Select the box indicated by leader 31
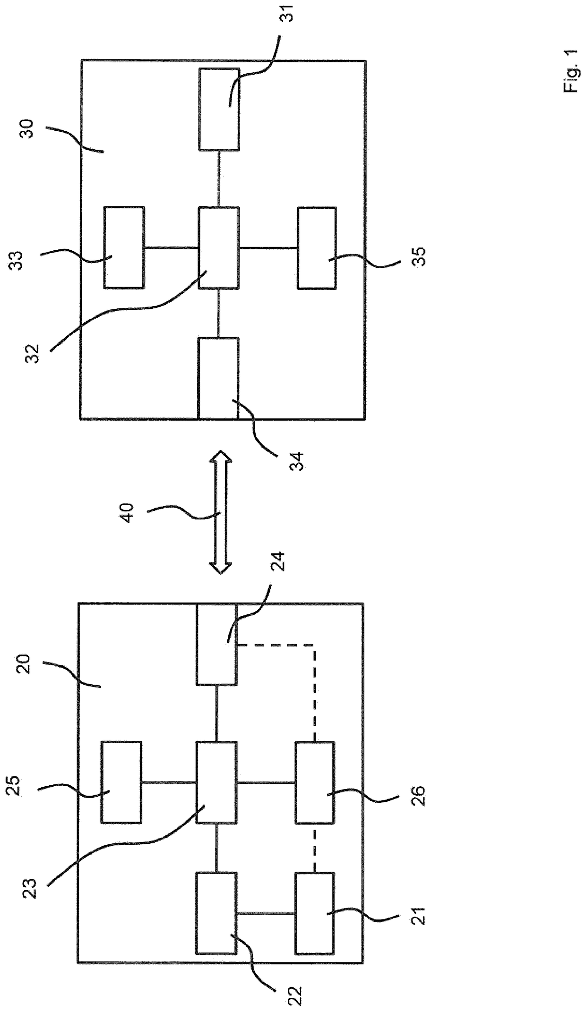coord(218,109)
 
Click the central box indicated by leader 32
coord(218,247)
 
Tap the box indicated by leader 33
coord(124,247)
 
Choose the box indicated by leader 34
coord(218,378)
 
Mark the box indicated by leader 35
coord(317,248)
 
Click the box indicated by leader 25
coord(121,782)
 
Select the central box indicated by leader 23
coord(216,782)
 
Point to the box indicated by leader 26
coord(315,782)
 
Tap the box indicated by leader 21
coord(315,913)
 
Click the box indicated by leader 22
coord(216,913)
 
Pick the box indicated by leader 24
coord(216,644)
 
